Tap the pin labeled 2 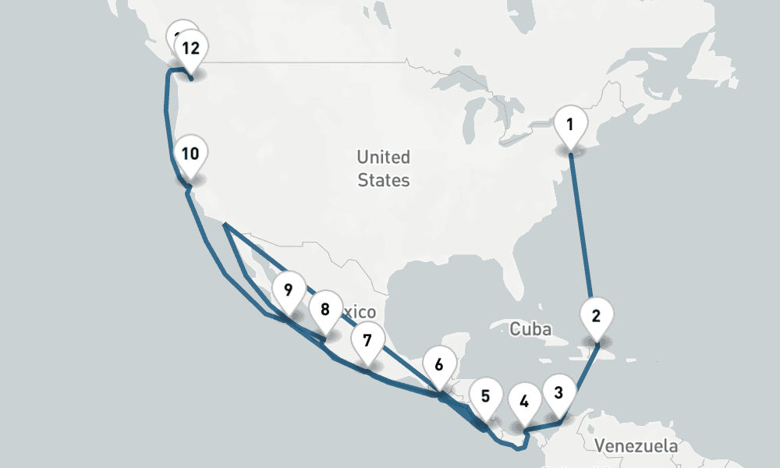tap(597, 317)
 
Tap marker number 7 tap(367, 340)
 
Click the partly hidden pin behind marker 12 tap(178, 34)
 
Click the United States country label tap(383, 168)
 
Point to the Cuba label tap(530, 329)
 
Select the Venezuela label tap(635, 447)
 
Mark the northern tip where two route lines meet tap(225, 225)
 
